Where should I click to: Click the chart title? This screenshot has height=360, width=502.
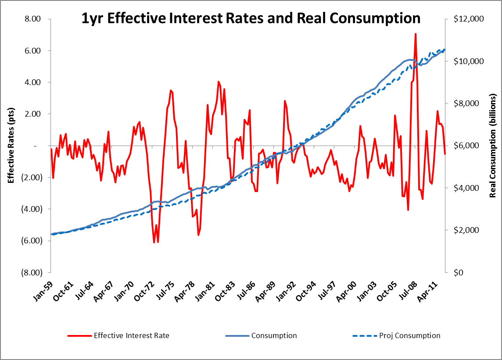coord(251,18)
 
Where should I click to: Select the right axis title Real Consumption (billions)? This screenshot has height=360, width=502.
coord(492,145)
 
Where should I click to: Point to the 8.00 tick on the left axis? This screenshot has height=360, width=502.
coord(32,19)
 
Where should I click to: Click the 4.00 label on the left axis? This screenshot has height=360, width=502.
coord(32,82)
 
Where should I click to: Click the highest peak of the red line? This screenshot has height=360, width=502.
coord(415,34)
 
